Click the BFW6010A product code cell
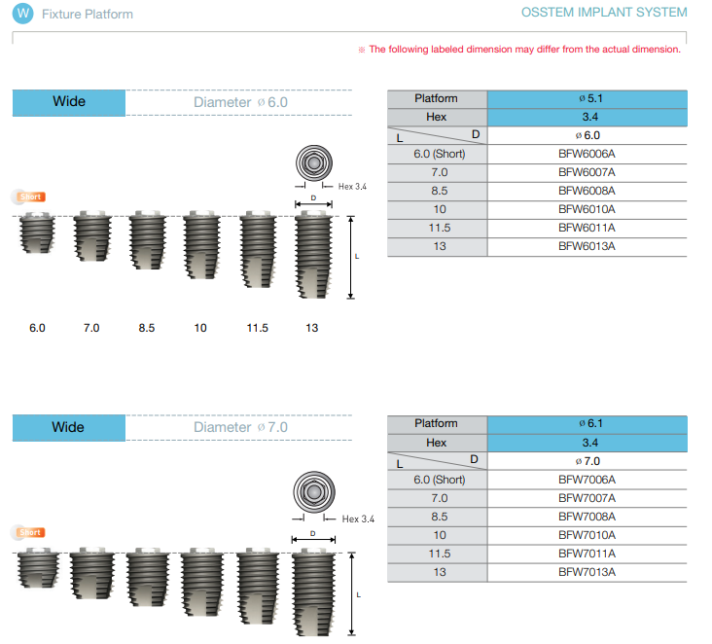(x=587, y=209)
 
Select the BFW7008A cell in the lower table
(x=587, y=517)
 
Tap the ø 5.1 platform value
(x=590, y=98)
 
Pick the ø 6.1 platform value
(x=590, y=423)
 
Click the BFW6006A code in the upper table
(x=587, y=154)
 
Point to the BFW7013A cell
(x=587, y=572)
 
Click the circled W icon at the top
(x=22, y=14)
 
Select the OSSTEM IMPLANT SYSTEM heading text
(x=604, y=13)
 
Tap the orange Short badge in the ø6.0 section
(x=31, y=197)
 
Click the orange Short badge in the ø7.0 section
(x=30, y=532)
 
